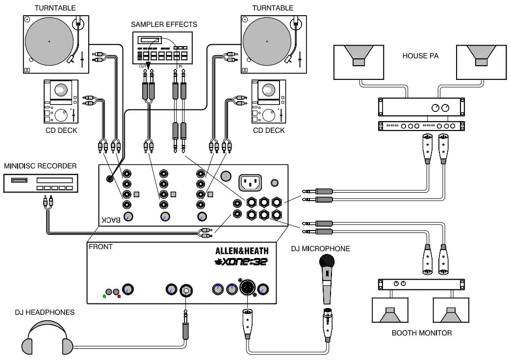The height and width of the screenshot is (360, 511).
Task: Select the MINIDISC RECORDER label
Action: pyautogui.click(x=40, y=166)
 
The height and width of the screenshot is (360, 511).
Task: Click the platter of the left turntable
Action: pyautogui.click(x=49, y=41)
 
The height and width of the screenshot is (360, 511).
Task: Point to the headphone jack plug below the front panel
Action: pyautogui.click(x=186, y=326)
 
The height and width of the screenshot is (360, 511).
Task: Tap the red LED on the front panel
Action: pyautogui.click(x=119, y=297)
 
